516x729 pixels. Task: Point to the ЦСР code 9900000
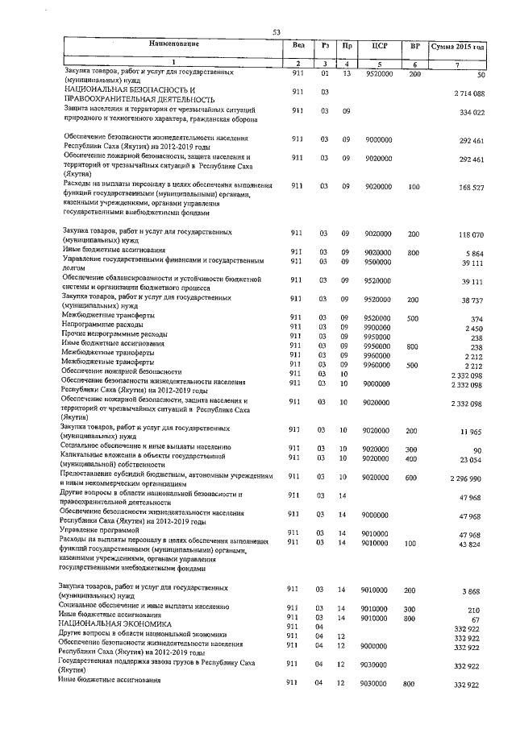(377, 328)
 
